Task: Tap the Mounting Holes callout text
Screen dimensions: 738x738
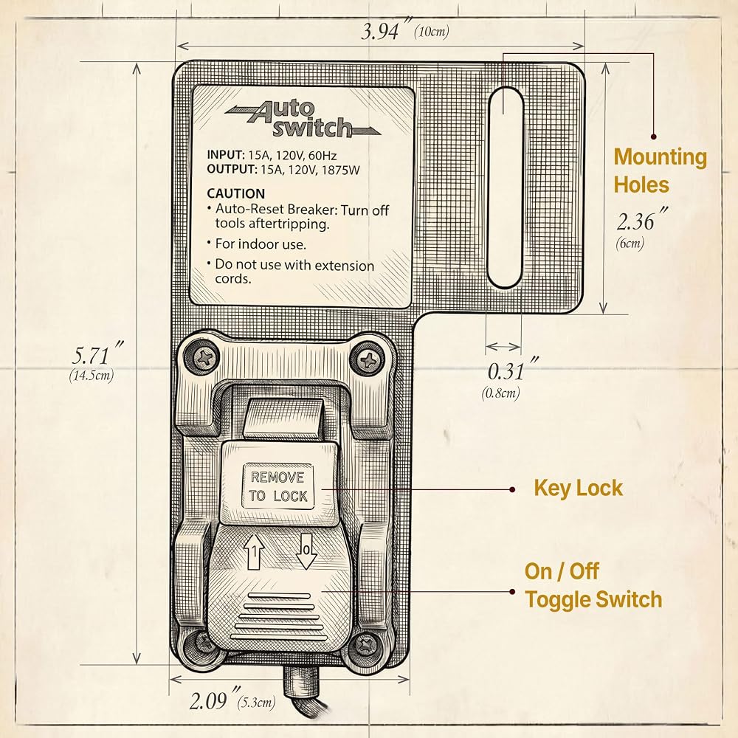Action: pos(660,170)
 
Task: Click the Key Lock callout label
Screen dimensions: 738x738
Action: pos(578,488)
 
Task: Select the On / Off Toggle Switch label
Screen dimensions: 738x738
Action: pos(593,585)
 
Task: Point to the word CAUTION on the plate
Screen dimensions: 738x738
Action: pos(236,193)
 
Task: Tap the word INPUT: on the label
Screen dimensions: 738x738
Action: pos(225,155)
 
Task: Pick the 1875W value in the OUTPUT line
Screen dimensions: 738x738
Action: pos(340,170)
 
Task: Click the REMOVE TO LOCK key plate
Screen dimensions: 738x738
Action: pos(277,486)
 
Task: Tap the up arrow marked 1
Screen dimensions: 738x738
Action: pos(254,551)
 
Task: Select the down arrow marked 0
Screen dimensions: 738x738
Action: pos(306,551)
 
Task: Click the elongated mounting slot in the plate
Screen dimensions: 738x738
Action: pos(506,187)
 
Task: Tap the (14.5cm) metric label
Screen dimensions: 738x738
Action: pos(92,376)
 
